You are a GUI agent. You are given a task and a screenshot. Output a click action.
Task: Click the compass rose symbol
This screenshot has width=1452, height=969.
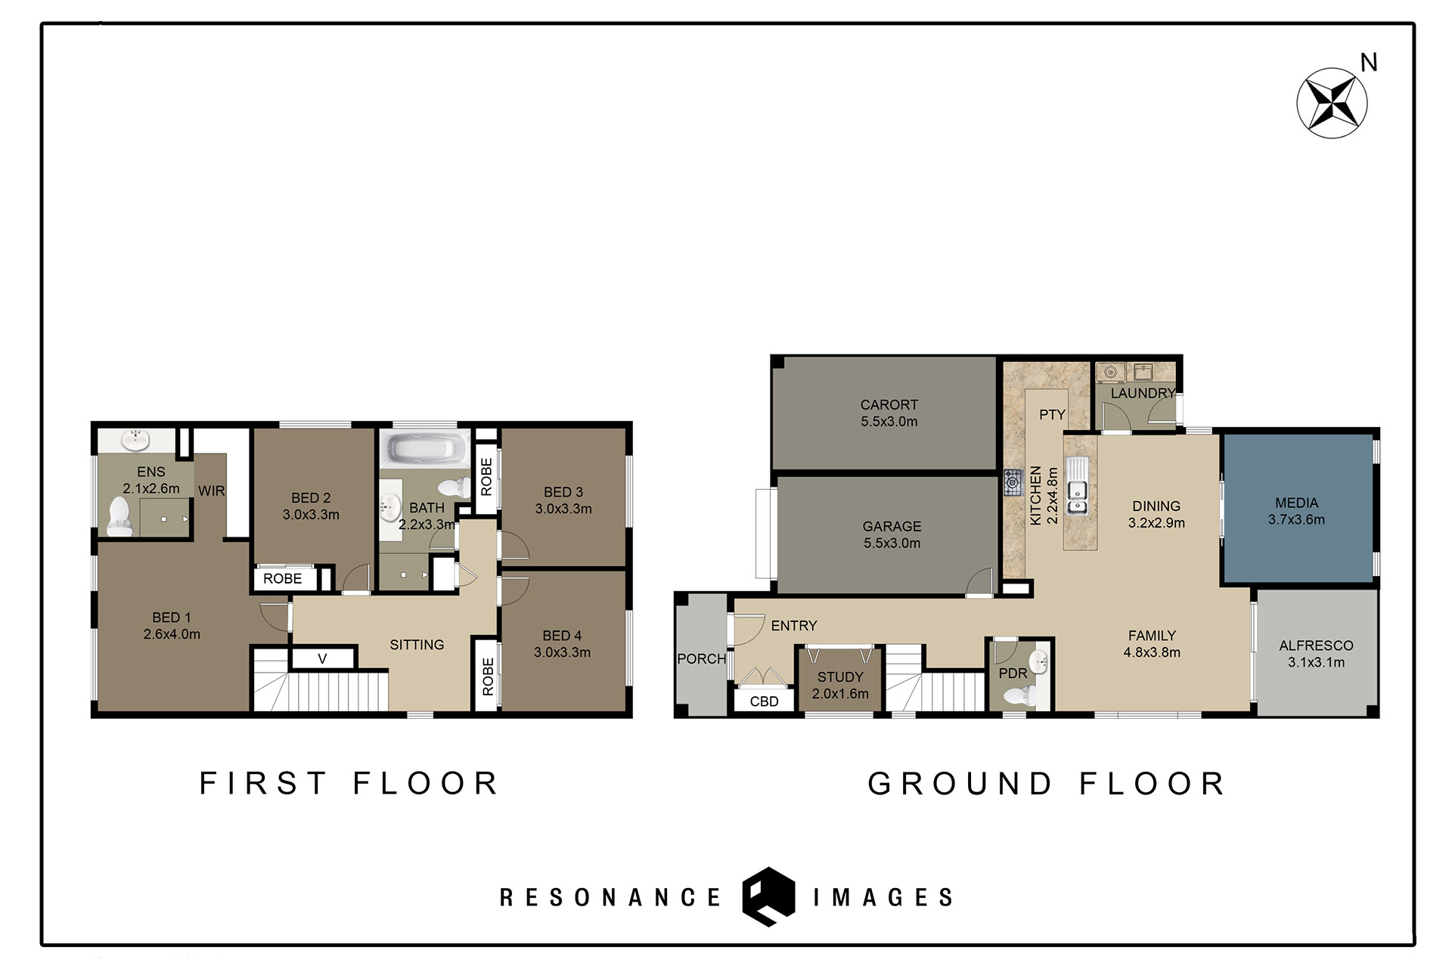click(x=1332, y=103)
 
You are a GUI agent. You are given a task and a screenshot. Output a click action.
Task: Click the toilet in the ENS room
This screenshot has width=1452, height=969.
click(x=119, y=517)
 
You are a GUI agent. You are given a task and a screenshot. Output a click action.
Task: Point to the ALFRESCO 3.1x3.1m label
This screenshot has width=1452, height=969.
click(x=1316, y=654)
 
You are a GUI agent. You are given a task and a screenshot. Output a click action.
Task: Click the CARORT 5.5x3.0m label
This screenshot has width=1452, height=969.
click(x=889, y=413)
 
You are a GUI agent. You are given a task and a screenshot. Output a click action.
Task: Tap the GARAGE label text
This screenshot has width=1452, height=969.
click(x=892, y=526)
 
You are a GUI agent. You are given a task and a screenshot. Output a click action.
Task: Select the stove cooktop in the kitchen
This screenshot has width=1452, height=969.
click(x=1013, y=482)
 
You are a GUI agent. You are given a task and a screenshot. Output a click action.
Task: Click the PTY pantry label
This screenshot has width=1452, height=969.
click(x=1052, y=414)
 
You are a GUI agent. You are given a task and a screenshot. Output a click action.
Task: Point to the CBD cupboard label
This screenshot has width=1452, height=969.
click(x=764, y=701)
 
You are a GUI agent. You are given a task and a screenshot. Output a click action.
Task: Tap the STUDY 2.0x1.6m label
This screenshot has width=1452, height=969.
click(x=840, y=685)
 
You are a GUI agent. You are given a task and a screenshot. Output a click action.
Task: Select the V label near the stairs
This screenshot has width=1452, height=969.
click(x=322, y=659)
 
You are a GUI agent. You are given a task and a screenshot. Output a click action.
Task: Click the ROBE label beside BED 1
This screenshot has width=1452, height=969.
click(x=282, y=578)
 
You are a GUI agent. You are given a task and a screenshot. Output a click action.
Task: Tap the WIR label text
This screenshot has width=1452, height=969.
click(x=212, y=491)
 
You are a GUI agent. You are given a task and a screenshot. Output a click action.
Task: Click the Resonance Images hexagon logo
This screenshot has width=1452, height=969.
click(x=768, y=896)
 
